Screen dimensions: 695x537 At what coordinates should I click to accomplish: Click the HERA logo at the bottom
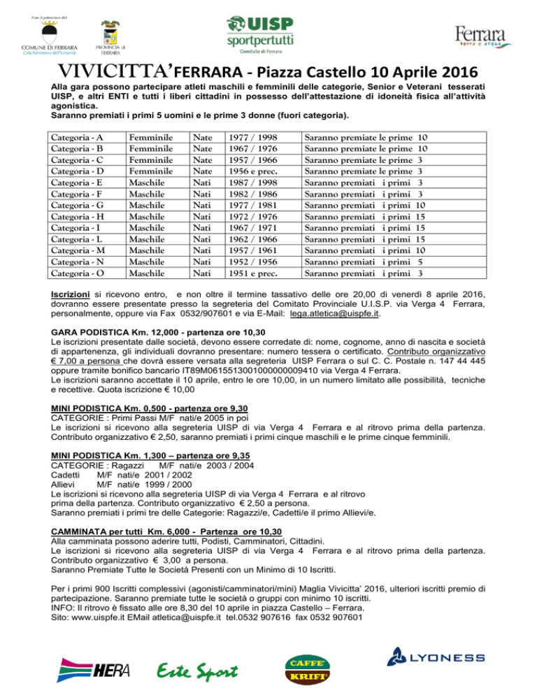tap(90, 668)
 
